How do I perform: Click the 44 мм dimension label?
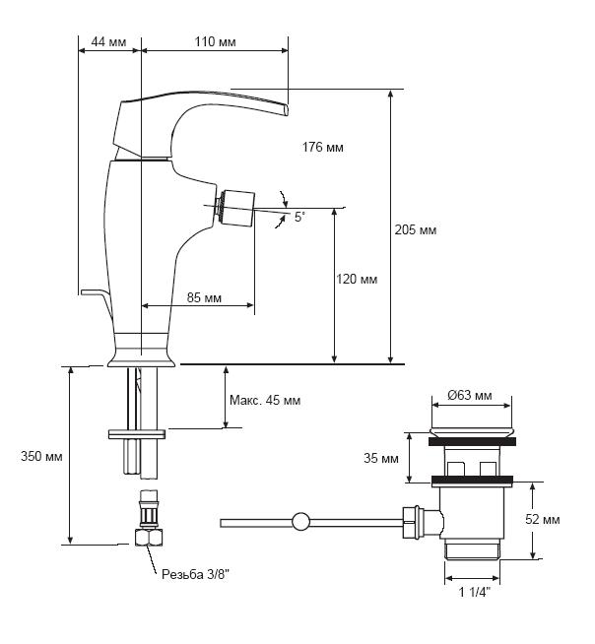coord(108,42)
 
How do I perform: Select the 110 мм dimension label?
coord(216,42)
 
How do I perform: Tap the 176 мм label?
coord(322,147)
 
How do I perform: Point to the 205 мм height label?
coord(416,229)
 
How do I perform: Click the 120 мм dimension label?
coord(357,280)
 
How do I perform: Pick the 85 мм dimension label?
coord(204,297)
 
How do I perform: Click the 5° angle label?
coord(300,218)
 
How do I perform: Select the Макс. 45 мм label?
coord(265,400)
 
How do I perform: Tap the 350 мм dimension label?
coord(41,456)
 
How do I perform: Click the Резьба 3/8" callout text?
coord(195,574)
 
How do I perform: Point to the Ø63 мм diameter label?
coord(470,395)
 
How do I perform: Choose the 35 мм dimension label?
coord(381,458)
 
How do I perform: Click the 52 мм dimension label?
coord(543,520)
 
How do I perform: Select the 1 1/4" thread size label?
coord(475,592)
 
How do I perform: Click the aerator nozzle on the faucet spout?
coord(235,208)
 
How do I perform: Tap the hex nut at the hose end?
coord(149,538)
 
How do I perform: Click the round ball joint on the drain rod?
coord(300,522)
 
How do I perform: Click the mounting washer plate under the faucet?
coord(137,433)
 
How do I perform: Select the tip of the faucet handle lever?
coord(287,110)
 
